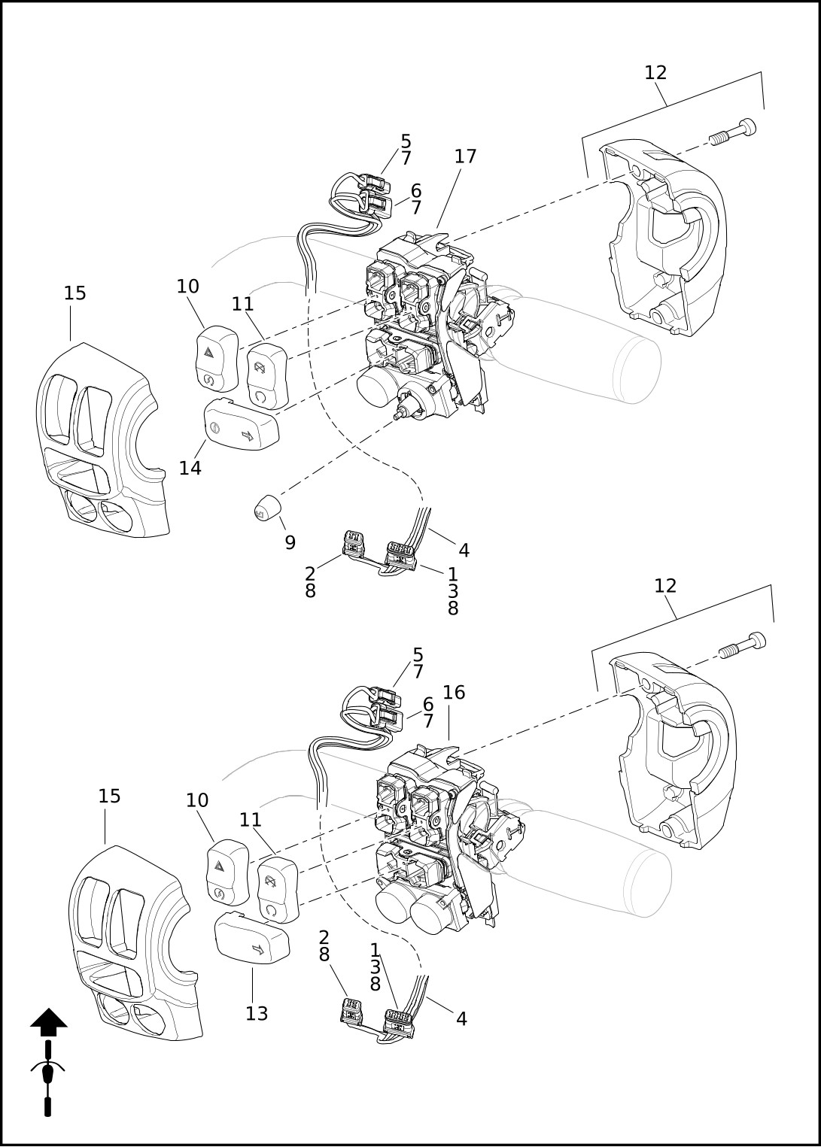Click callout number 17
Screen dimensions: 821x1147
465,156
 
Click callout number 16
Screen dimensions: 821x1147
454,693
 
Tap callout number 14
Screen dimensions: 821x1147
190,468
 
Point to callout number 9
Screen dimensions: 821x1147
290,542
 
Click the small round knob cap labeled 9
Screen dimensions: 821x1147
266,508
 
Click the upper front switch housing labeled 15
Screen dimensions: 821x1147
102,439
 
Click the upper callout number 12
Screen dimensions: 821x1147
655,73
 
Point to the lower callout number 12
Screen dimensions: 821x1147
665,586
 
